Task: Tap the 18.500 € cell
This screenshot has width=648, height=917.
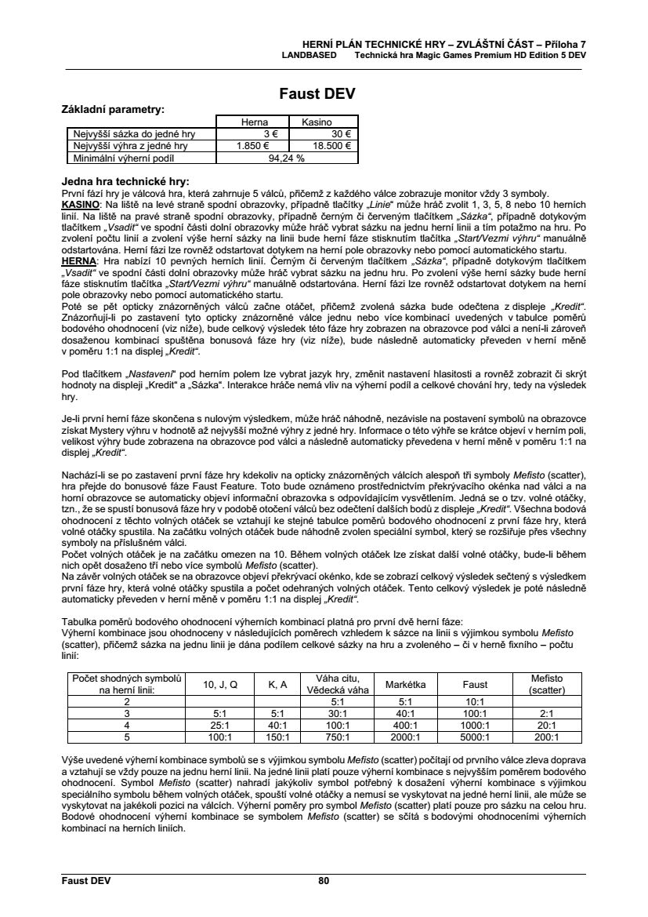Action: [332, 145]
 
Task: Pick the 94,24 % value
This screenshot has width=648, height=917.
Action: [286, 157]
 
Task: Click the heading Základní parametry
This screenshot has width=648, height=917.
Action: [113, 109]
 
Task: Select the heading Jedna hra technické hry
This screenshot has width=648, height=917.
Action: [125, 181]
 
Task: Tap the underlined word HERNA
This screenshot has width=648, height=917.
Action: [78, 259]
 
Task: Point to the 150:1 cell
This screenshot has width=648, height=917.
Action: [278, 737]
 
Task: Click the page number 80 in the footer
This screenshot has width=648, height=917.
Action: [324, 880]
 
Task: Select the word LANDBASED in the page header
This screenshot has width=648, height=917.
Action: [310, 56]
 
